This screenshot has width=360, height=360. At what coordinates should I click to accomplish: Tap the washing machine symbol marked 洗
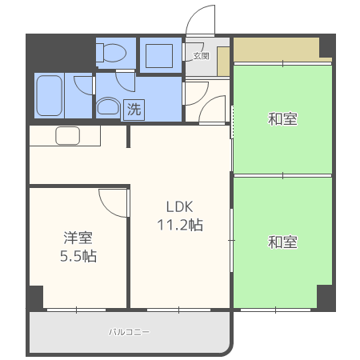click(134, 110)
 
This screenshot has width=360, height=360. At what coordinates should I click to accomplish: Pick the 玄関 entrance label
click(201, 56)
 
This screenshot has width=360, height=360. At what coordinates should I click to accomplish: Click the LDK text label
click(178, 206)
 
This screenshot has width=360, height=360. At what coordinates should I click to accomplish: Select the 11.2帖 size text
click(179, 225)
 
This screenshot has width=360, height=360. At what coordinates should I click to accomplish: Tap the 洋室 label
click(78, 238)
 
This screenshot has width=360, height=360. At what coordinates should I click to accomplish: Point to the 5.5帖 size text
click(78, 257)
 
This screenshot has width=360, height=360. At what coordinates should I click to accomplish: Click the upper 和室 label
click(282, 120)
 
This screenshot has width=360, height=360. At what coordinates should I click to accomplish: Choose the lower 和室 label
click(282, 241)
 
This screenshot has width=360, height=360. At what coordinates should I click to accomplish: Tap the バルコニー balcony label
click(129, 331)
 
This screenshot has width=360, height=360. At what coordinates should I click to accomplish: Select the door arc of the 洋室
click(112, 200)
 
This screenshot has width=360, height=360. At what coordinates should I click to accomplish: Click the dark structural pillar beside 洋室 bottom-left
click(35, 298)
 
